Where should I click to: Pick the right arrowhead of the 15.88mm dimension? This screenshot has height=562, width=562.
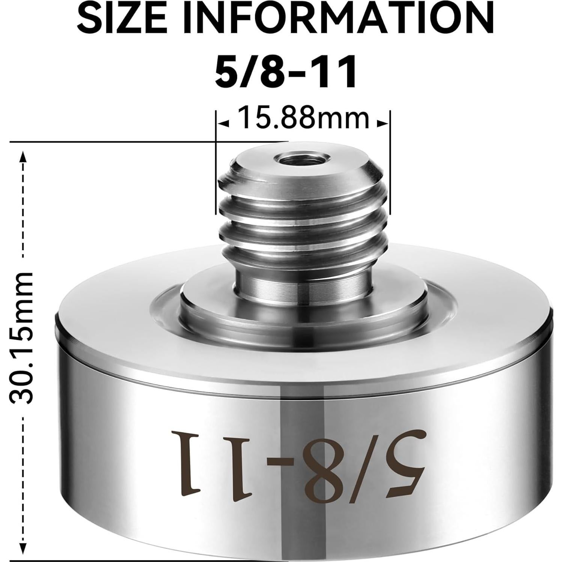tap(382, 123)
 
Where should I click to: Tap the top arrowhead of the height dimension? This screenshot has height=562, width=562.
tap(24, 157)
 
